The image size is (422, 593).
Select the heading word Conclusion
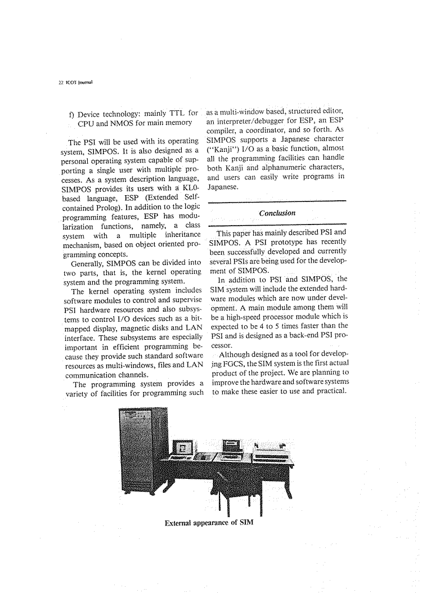(277, 213)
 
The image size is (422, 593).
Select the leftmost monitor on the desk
(185, 448)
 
